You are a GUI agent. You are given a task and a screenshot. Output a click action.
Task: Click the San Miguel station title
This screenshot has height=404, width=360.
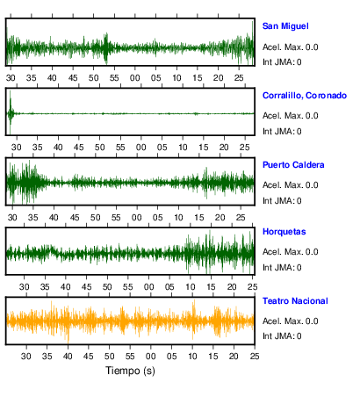(285, 26)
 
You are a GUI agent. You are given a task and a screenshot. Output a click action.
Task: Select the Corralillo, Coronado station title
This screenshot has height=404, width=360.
(305, 96)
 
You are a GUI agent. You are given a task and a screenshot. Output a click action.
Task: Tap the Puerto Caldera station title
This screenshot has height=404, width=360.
(293, 165)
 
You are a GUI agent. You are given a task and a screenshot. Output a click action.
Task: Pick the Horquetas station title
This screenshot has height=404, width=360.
(284, 232)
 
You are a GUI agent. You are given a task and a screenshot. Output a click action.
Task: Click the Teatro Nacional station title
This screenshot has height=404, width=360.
(295, 301)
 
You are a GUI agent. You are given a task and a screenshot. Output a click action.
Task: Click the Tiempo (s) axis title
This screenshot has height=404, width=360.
(130, 371)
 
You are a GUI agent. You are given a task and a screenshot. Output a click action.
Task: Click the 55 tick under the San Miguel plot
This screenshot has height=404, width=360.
(114, 78)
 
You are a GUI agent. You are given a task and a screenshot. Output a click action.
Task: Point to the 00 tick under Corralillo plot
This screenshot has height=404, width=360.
(141, 147)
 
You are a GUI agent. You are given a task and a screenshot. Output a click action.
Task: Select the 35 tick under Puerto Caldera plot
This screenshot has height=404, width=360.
(33, 218)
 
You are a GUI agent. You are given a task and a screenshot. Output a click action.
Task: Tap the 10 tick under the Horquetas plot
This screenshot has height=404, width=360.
(191, 287)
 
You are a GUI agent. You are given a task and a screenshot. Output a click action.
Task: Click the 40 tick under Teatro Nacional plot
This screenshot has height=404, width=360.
(68, 357)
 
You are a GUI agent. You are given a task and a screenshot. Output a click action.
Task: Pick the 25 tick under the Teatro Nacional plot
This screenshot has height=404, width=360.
(255, 357)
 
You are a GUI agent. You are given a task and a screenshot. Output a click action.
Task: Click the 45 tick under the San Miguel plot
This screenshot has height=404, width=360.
(73, 78)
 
